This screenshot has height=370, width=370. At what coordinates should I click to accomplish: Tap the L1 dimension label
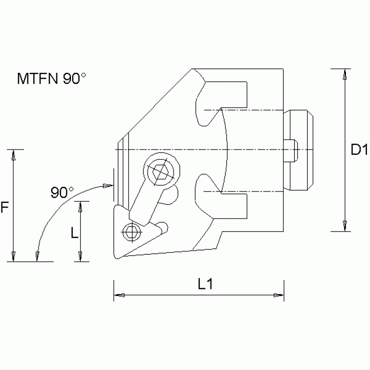coord(206,284)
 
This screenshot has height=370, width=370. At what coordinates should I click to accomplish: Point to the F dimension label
coord(4,208)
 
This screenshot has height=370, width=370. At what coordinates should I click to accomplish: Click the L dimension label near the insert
coord(75,233)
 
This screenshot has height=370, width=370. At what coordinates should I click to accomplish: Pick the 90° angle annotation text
coord(62,193)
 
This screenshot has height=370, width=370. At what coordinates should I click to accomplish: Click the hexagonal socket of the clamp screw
coord(161,172)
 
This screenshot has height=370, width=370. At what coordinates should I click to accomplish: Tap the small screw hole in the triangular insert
coord(130,233)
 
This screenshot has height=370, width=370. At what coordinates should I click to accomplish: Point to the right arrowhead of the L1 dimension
coord(278,295)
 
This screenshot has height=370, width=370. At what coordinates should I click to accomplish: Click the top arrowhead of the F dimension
coord(14,155)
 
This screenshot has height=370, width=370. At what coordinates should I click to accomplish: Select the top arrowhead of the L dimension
coord(81,206)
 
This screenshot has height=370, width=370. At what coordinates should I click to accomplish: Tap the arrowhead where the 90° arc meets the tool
coord(108,185)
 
